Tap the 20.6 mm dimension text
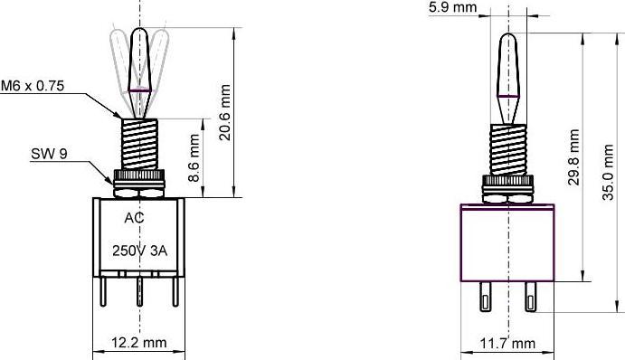click(x=225, y=112)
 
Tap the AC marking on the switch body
click(x=133, y=218)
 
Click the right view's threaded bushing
click(x=507, y=148)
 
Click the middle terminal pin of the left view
click(x=140, y=295)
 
